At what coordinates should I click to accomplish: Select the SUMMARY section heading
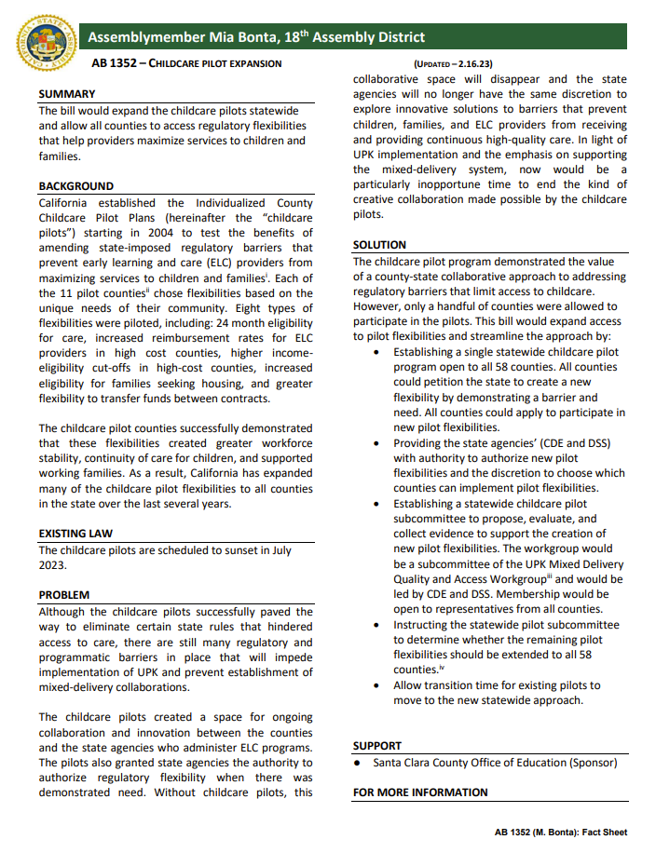[66, 94]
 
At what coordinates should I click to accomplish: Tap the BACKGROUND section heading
[75, 186]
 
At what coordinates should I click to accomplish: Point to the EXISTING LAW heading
[75, 534]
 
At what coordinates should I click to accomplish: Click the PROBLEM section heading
[64, 595]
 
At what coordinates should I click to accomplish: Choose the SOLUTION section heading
[379, 245]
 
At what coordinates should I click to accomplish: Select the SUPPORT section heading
[377, 746]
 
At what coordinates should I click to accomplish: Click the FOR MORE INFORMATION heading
[420, 792]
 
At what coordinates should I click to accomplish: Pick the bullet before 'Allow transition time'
[376, 685]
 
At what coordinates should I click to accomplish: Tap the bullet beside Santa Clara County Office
[359, 764]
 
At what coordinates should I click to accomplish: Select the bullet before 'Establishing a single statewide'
[376, 353]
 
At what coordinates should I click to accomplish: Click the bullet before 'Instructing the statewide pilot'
[376, 626]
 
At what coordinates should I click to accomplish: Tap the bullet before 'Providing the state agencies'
[376, 444]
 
